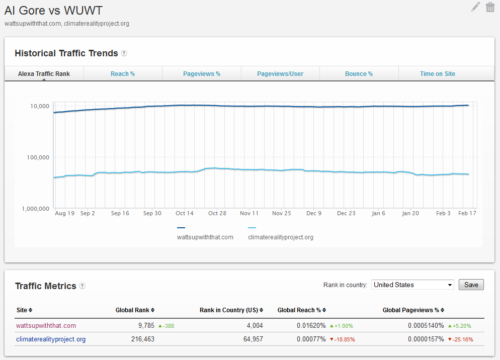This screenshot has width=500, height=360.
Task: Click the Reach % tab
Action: (x=123, y=73)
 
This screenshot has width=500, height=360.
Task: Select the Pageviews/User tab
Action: (x=280, y=73)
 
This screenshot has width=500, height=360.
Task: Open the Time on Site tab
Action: (x=438, y=73)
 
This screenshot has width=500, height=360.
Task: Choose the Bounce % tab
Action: (x=359, y=73)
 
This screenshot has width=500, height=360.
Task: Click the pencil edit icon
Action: (x=475, y=7)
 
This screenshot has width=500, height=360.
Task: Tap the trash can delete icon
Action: (x=490, y=7)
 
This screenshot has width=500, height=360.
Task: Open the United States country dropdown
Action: (x=413, y=285)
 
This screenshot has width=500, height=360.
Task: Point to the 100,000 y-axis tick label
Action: (x=38, y=157)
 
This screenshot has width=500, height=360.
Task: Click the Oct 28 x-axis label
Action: (x=217, y=213)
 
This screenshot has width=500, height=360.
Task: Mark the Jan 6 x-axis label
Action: (x=378, y=213)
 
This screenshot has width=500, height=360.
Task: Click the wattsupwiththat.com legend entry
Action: (x=205, y=237)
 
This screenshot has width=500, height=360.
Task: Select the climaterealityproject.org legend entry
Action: (x=281, y=237)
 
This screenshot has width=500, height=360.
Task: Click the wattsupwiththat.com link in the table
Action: (x=46, y=326)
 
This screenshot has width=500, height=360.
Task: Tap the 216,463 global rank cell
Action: (x=142, y=339)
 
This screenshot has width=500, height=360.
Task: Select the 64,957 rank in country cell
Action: (x=253, y=339)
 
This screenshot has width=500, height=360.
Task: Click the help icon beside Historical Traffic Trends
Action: (x=124, y=53)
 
